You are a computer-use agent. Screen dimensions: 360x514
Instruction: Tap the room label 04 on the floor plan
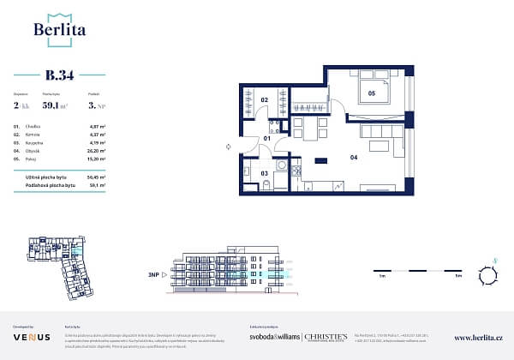click(x=353, y=157)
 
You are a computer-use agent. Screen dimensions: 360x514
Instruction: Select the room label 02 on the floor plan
click(x=266, y=101)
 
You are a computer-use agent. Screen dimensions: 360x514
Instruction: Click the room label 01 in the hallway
click(x=266, y=137)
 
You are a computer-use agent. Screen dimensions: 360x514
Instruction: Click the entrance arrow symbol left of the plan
click(x=228, y=147)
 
